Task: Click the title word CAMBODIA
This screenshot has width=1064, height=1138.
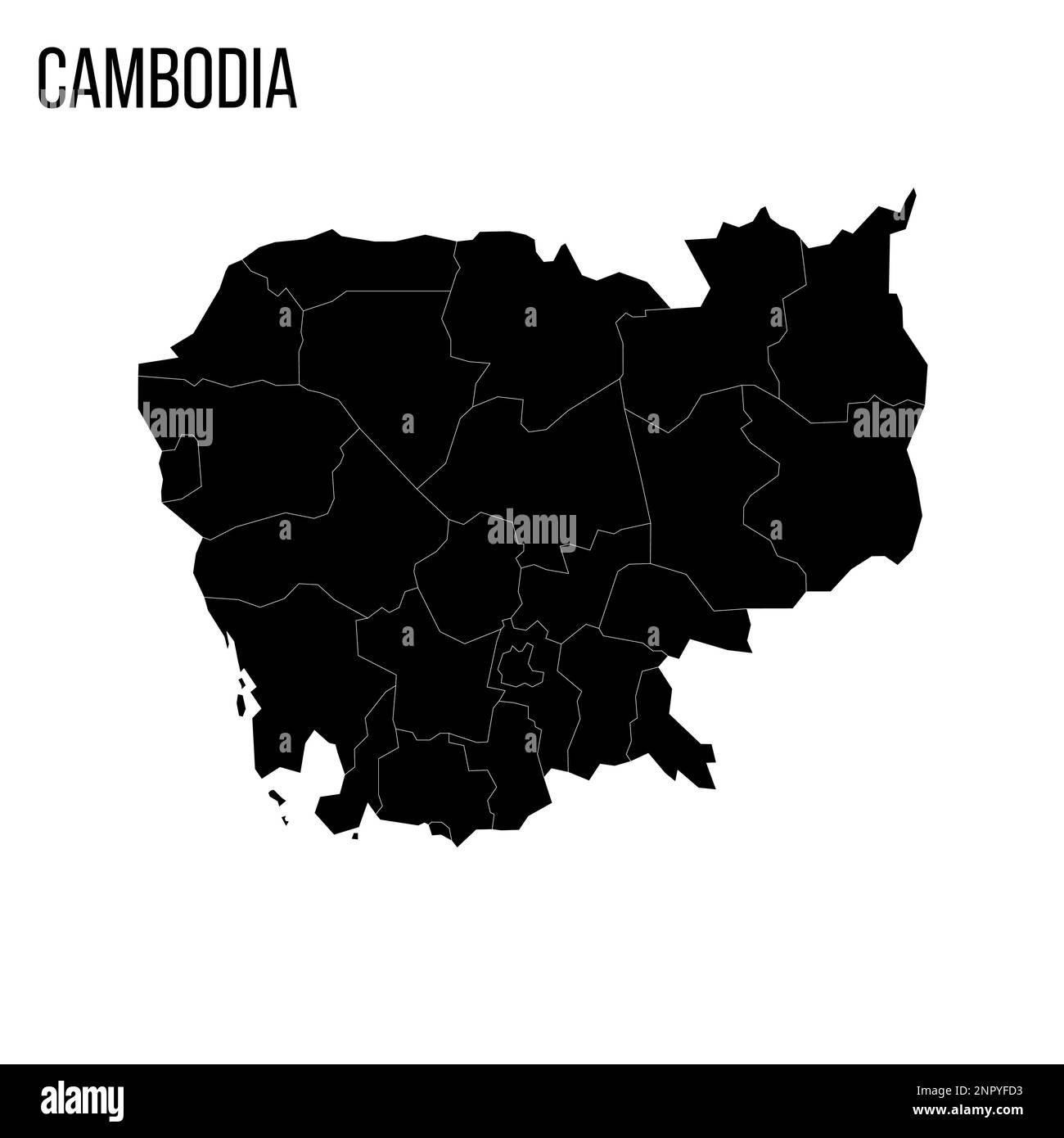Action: (x=167, y=79)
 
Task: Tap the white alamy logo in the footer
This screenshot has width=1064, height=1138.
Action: (x=83, y=1101)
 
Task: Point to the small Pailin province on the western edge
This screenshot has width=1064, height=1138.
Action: (x=183, y=467)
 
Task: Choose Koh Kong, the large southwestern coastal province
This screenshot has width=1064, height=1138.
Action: (x=286, y=671)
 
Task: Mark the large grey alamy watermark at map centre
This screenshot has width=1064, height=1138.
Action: (x=532, y=528)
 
